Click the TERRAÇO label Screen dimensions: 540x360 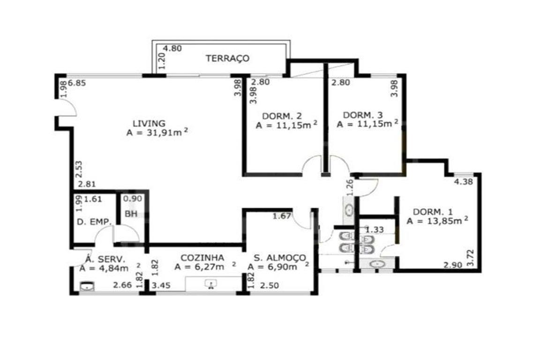click(x=227, y=58)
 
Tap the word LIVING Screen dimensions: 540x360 click(x=149, y=123)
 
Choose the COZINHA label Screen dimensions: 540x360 click(x=202, y=258)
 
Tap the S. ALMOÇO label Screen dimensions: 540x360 click(x=280, y=258)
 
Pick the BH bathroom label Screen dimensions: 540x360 click(x=131, y=214)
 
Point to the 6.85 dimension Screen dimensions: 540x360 click(x=77, y=83)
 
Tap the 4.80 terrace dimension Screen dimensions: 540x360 click(x=172, y=49)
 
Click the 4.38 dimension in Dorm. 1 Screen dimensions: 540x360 click(x=463, y=181)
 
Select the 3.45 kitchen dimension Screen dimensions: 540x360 click(x=161, y=285)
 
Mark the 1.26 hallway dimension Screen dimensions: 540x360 click(x=350, y=187)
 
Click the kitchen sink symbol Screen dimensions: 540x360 click(x=211, y=284)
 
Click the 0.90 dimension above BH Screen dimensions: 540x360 click(x=133, y=199)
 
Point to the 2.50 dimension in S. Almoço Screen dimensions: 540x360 click(x=270, y=285)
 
